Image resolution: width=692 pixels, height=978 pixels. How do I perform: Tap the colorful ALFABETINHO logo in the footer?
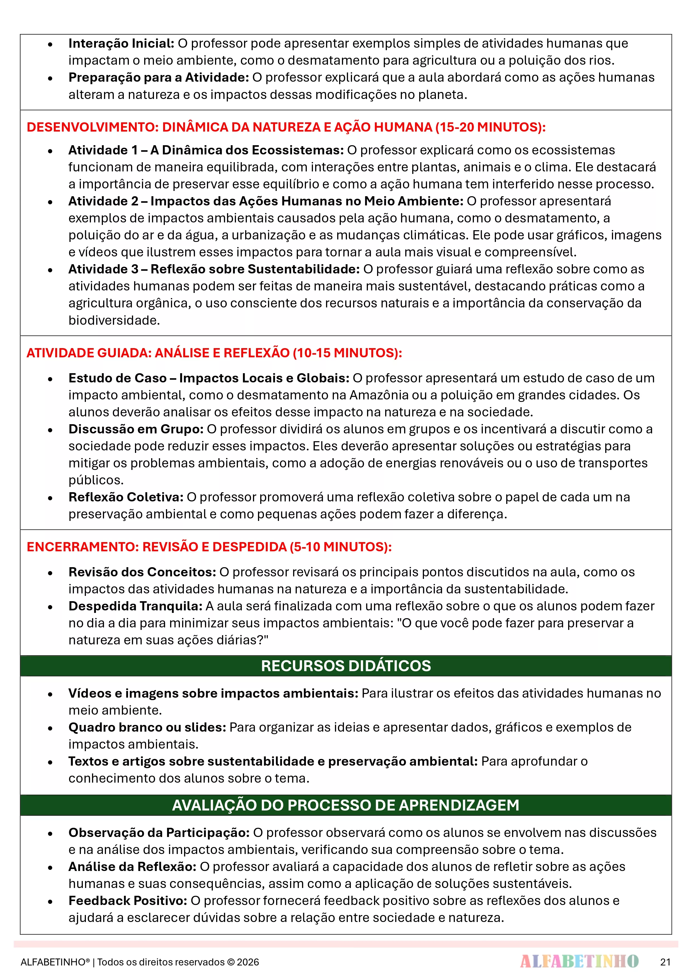tap(579, 961)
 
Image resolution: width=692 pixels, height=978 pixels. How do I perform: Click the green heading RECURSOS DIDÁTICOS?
tap(346, 666)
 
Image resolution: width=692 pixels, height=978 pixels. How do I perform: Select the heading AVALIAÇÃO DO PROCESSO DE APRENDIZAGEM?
tap(346, 805)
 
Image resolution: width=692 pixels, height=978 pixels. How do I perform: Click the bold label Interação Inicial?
tap(121, 43)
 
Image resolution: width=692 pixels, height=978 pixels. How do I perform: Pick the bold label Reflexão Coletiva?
tap(126, 497)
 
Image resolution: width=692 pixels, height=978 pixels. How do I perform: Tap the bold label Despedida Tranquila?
tap(135, 606)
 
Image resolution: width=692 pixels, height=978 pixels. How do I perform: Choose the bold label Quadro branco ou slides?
tap(147, 727)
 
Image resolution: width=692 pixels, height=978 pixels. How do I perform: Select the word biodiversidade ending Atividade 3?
tap(114, 320)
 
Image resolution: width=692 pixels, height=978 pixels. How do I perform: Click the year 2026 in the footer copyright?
tap(248, 962)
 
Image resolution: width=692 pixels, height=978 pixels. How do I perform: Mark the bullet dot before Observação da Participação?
tap(50, 833)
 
